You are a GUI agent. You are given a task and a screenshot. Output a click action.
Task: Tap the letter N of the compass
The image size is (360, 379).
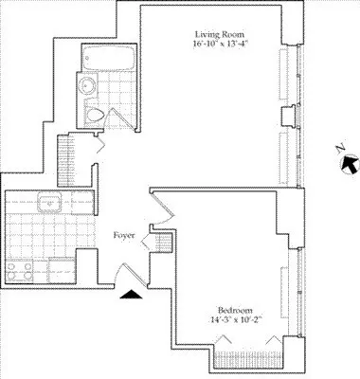[x=343, y=149]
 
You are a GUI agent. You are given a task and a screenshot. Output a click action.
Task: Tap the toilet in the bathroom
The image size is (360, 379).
[x=96, y=115]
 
